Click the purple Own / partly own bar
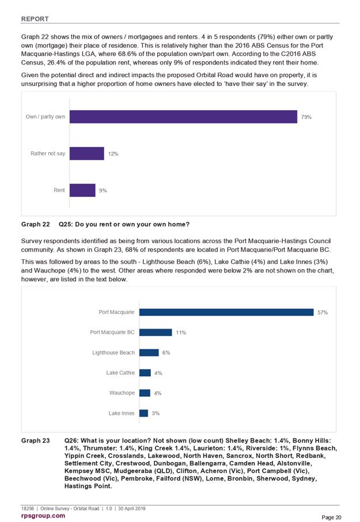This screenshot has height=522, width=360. [x=183, y=117]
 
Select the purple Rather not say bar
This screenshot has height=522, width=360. [x=87, y=153]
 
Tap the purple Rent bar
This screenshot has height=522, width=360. [x=82, y=190]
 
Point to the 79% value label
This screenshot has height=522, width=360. [x=306, y=117]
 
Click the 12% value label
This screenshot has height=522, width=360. [x=113, y=154]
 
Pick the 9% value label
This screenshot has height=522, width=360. [x=103, y=191]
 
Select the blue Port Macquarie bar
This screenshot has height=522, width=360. [x=226, y=312]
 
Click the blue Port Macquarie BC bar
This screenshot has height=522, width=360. [x=156, y=332]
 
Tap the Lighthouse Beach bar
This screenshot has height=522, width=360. [x=149, y=353]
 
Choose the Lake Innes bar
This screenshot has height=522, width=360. [x=144, y=413]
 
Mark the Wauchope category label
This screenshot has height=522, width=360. [x=122, y=393]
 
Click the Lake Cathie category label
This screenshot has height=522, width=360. [x=120, y=373]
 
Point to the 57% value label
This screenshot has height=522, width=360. [x=323, y=313]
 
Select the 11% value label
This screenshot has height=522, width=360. [x=181, y=332]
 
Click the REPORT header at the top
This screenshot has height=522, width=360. [x=35, y=19]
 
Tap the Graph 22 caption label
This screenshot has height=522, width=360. [x=35, y=224]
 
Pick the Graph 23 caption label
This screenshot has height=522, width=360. [x=35, y=441]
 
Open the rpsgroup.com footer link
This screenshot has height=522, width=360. [x=43, y=516]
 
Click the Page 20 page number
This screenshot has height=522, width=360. [x=331, y=517]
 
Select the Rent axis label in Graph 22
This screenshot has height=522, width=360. [x=59, y=190]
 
